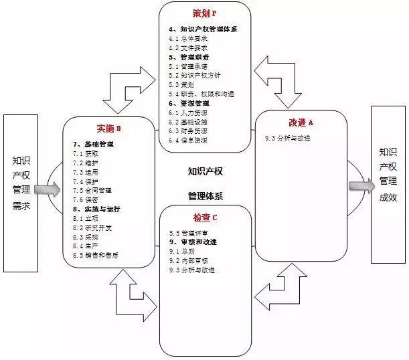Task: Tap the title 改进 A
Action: [x=301, y=123]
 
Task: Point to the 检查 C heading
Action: [x=206, y=219]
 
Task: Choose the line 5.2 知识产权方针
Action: [x=195, y=76]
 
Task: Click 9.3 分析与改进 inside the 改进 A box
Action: [x=288, y=139]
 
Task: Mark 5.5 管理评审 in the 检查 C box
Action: [x=188, y=232]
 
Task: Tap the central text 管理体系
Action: [x=206, y=196]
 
